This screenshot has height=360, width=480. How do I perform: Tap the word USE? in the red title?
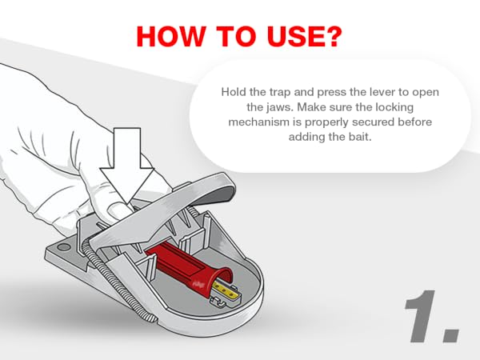pyautogui.click(x=304, y=37)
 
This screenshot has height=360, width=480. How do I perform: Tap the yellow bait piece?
pyautogui.click(x=225, y=290)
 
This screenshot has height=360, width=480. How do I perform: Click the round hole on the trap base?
pyautogui.click(x=64, y=247)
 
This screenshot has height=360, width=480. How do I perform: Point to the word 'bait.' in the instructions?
pyautogui.click(x=360, y=137)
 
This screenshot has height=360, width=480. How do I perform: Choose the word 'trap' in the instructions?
pyautogui.click(x=280, y=92)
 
